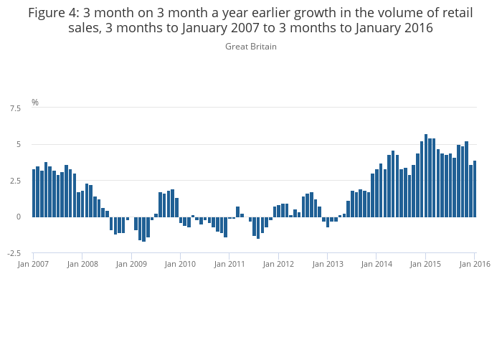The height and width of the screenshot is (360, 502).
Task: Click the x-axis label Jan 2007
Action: pos(33,264)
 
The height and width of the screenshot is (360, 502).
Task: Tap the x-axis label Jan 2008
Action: pos(82,264)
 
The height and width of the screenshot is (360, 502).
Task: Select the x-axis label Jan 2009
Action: pos(131,264)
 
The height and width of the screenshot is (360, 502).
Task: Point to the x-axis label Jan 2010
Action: pos(180,264)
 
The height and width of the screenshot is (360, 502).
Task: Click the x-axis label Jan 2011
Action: pos(229,264)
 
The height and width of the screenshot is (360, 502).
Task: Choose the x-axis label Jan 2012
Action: pos(278,264)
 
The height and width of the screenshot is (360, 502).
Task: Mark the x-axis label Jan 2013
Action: pos(327,264)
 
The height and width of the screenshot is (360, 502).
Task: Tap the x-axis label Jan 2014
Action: pos(376,264)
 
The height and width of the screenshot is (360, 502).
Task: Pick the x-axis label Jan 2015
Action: pos(425,264)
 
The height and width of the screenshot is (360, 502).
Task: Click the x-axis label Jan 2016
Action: pos(474,264)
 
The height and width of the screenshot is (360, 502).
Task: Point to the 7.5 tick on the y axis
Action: pos(15,108)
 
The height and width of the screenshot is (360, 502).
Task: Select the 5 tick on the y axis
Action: pos(19,144)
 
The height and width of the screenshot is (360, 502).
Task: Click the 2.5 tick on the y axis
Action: pos(15,181)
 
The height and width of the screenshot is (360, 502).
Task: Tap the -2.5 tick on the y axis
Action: pos(14,253)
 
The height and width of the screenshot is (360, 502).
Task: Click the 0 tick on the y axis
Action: pos(19,217)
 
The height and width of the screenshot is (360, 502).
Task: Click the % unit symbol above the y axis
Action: pos(35,103)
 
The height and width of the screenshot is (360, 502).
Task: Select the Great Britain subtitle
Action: pos(251,47)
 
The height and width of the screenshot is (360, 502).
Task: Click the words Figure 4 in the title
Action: pos(54,12)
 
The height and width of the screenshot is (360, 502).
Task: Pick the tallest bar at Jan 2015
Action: pos(426,176)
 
